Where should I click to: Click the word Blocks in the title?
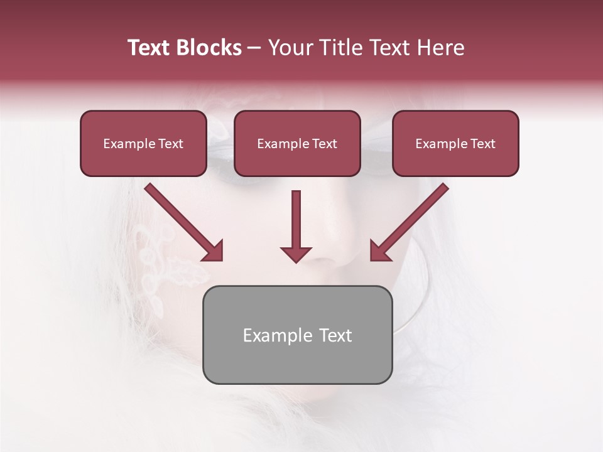[209, 48]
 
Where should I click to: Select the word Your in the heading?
[290, 48]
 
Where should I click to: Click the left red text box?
[143, 144]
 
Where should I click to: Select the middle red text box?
[297, 144]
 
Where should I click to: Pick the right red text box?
[455, 144]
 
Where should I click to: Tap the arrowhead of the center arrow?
[296, 254]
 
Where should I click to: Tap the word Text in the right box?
[482, 144]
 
